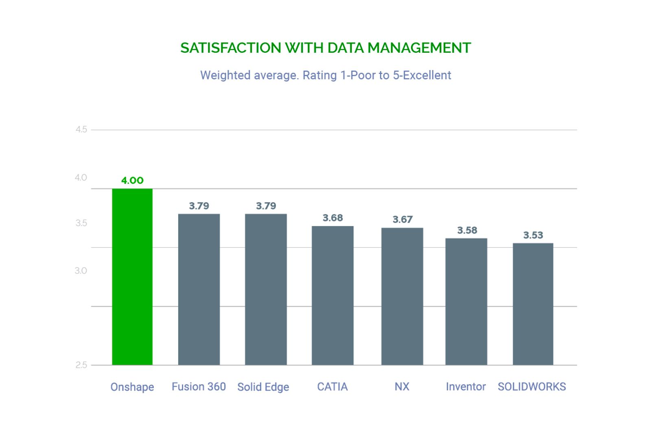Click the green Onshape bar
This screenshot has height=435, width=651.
[x=132, y=277]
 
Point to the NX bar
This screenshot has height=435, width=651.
[x=402, y=296]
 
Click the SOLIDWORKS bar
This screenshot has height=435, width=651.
[x=533, y=304]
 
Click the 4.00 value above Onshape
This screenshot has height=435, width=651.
[x=132, y=180]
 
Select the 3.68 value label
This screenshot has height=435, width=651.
[x=333, y=218]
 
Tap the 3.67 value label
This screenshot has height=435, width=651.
[x=402, y=219]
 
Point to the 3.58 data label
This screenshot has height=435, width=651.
[x=467, y=230]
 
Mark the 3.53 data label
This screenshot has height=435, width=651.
[x=533, y=235]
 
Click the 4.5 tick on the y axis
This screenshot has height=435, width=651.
[x=81, y=130]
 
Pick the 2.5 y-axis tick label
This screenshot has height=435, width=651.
[x=81, y=365]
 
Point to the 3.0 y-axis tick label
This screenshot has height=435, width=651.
[x=81, y=271]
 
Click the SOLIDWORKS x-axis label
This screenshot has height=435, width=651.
[x=532, y=387]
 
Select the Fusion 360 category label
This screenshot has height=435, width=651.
[x=199, y=387]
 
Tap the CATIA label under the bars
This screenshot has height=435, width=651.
[x=332, y=387]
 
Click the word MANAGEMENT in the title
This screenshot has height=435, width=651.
[x=419, y=48]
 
